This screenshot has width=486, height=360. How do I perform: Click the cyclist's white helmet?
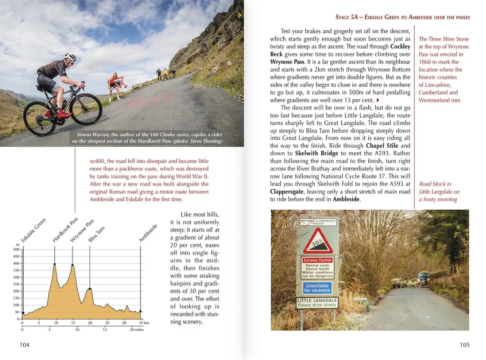(x=69, y=57)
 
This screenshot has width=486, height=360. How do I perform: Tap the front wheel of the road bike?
(x=86, y=109)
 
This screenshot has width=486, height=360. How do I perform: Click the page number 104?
(x=25, y=344)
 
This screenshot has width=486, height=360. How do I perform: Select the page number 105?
(x=464, y=344)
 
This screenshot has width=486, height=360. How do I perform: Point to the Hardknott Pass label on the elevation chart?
(x=65, y=230)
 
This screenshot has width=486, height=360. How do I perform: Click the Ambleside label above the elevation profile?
(x=148, y=233)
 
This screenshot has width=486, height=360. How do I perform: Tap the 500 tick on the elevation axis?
(x=16, y=249)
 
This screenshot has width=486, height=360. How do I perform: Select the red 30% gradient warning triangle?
(x=318, y=241)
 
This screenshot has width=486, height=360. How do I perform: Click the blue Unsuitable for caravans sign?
(x=317, y=287)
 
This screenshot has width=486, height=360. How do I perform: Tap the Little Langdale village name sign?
(x=317, y=303)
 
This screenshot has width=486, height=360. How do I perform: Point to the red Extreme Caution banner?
(x=317, y=260)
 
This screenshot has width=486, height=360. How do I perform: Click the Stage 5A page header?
(x=402, y=17)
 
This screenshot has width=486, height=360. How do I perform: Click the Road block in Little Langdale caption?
(x=439, y=191)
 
